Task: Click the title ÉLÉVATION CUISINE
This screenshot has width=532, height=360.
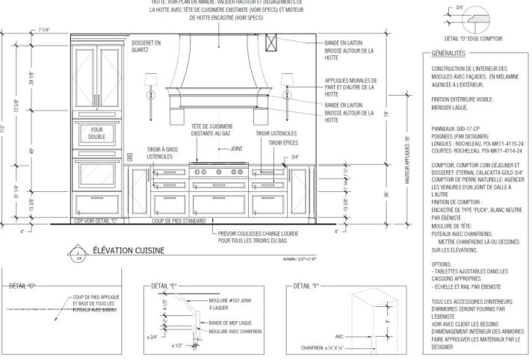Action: click(x=124, y=251)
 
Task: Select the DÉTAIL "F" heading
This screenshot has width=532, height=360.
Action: click(x=303, y=285)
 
